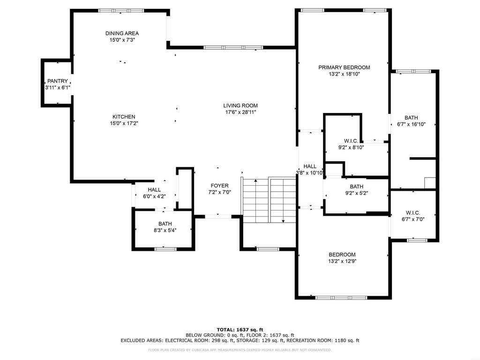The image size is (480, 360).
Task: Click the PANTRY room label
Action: [58, 81]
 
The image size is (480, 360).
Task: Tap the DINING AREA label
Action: [122, 33]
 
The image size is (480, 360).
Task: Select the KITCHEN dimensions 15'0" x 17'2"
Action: [124, 123]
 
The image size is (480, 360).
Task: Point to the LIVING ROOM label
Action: [240, 105]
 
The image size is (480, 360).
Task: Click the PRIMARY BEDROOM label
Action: [344, 67]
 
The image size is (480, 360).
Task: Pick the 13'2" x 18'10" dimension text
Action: [344, 74]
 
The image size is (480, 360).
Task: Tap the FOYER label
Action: [219, 186]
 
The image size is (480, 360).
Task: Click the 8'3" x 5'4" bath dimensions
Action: [165, 230]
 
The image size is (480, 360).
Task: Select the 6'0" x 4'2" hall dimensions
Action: [154, 196]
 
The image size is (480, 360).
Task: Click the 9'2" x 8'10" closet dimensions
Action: [351, 147]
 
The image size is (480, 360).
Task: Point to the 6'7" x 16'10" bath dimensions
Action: [411, 124]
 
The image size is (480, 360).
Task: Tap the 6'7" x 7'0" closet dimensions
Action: [413, 219]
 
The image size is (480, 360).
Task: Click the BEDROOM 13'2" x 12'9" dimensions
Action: [342, 261]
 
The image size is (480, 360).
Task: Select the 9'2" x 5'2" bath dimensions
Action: [357, 193]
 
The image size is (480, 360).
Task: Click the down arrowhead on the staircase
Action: [284, 221]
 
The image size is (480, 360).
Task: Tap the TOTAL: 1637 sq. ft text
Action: [240, 330]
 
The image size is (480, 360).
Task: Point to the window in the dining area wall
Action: [121, 11]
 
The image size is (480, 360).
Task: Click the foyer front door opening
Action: [218, 217]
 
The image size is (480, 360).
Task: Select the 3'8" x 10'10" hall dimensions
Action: [310, 173]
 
